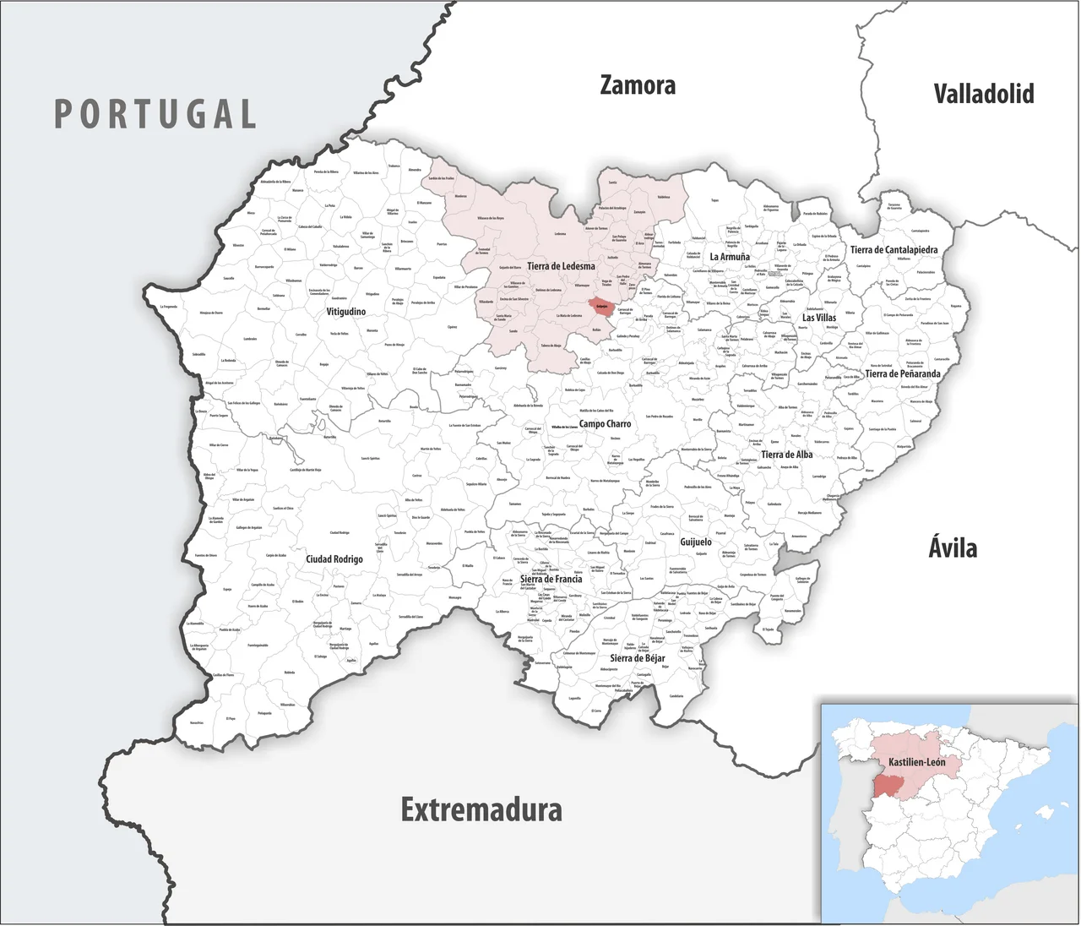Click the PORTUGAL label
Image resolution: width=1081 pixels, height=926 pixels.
click(155, 114)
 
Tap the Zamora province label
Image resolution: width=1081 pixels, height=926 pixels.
click(638, 85)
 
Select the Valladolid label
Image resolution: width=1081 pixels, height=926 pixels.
click(983, 93)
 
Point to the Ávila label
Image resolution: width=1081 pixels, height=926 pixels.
click(953, 547)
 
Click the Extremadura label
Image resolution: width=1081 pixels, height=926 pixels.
click(481, 809)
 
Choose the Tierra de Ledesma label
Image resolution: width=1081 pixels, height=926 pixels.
click(561, 266)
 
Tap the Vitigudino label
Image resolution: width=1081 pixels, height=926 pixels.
click(346, 312)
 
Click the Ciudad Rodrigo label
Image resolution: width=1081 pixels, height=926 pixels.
click(334, 559)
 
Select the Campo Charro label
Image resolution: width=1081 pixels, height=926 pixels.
click(605, 424)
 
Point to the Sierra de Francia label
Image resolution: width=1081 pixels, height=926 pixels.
click(551, 580)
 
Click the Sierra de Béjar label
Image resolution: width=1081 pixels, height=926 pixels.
click(637, 658)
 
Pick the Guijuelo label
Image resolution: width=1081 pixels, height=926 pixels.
click(696, 542)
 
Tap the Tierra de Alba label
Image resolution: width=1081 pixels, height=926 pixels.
click(786, 455)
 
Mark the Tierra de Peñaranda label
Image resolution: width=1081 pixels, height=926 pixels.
click(902, 373)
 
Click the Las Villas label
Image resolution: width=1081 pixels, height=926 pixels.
click(819, 318)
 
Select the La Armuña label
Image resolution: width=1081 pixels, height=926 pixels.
click(729, 257)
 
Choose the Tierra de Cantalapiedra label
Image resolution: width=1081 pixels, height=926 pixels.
click(894, 250)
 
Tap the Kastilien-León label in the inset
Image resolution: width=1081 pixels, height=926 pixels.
click(916, 762)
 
